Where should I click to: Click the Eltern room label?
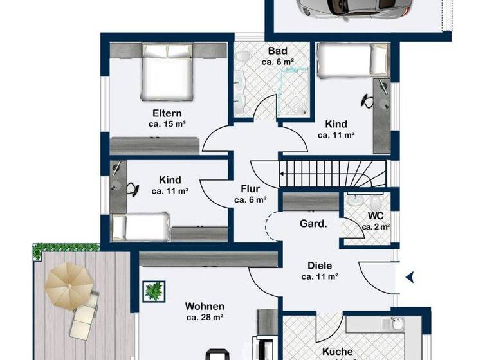click(x=167, y=113)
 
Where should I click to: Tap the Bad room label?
click(x=277, y=51)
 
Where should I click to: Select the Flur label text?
click(x=250, y=189)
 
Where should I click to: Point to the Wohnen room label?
click(x=205, y=306)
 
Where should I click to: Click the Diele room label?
click(x=320, y=265)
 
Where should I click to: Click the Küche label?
click(x=338, y=351)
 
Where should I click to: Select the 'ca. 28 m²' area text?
click(x=205, y=318)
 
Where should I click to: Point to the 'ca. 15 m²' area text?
click(x=167, y=124)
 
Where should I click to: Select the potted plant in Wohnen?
click(x=154, y=291)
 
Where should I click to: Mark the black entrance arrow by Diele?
click(x=409, y=277)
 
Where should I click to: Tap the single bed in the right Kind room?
click(x=345, y=60)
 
